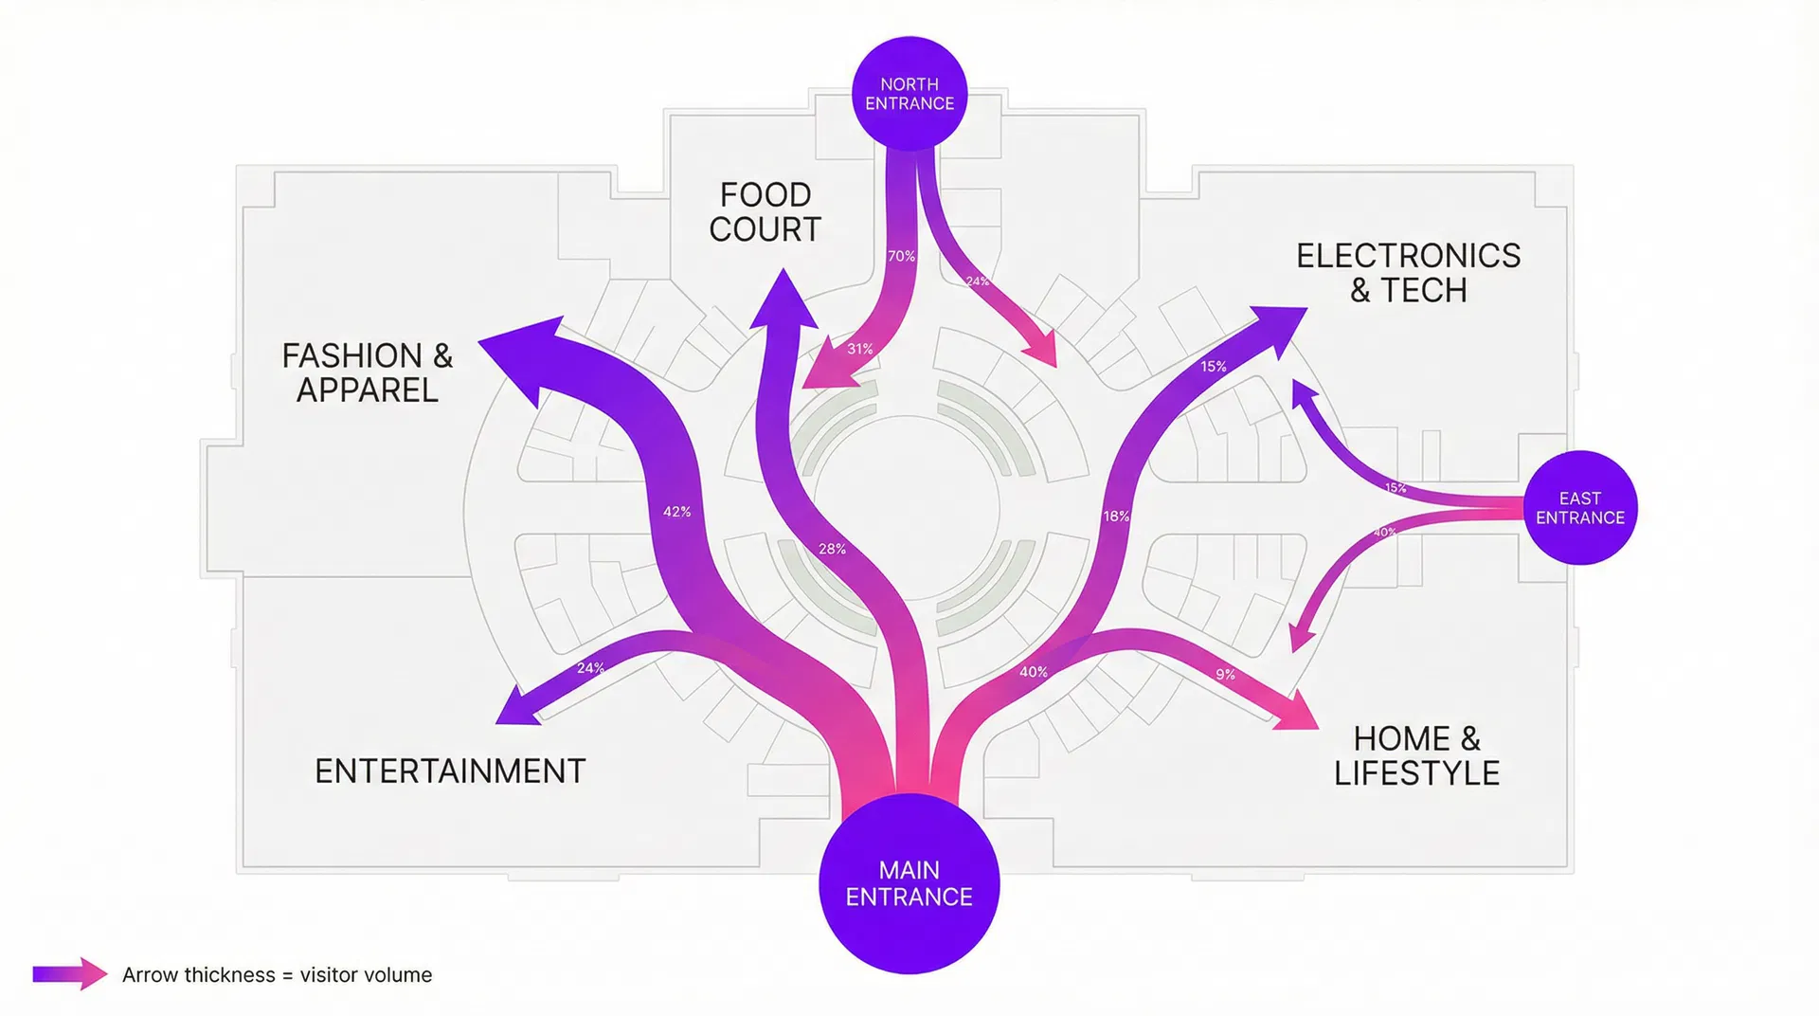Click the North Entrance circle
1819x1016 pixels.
coord(909,93)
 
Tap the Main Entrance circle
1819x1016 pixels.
coord(909,883)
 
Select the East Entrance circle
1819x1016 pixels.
coord(1579,508)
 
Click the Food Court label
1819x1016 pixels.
coord(765,212)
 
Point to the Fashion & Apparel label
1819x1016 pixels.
coord(368,372)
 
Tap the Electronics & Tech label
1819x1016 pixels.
coord(1408,273)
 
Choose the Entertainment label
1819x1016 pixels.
coord(450,771)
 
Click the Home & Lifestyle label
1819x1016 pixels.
coord(1416,756)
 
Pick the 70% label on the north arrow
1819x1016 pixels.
coord(901,257)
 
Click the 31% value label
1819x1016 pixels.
coord(859,350)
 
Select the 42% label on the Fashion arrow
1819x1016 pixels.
coord(676,512)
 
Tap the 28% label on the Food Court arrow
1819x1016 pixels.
coord(832,549)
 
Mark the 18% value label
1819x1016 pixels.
coord(1116,517)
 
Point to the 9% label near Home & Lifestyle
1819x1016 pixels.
coord(1225,675)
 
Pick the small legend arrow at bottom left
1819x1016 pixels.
coord(70,974)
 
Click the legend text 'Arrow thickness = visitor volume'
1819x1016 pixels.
coord(277,975)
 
